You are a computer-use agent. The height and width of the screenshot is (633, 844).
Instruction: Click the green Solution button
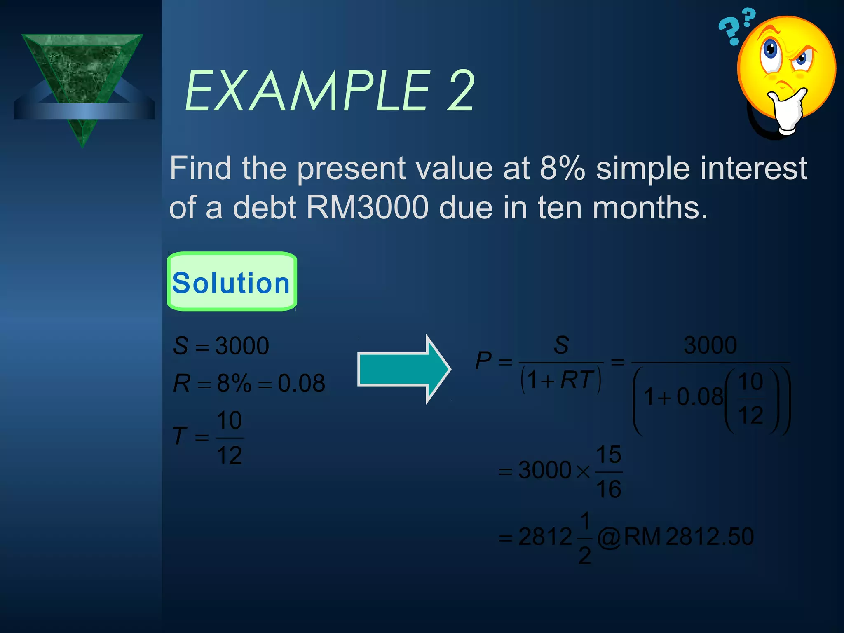click(x=232, y=282)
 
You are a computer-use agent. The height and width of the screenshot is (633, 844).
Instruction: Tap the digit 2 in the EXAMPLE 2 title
click(x=460, y=91)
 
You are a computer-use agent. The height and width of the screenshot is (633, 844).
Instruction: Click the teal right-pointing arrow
click(x=404, y=369)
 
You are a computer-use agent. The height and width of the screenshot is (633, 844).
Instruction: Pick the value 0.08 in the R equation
click(x=301, y=383)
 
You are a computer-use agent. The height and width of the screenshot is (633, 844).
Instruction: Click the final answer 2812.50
click(x=709, y=537)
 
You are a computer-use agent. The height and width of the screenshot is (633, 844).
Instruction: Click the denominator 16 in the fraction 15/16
click(x=608, y=489)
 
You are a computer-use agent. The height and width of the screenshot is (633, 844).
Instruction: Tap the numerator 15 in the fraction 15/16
click(x=608, y=455)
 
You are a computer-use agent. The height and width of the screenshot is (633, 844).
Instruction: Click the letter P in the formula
click(x=483, y=361)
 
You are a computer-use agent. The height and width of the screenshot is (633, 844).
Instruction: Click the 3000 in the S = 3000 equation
click(x=242, y=346)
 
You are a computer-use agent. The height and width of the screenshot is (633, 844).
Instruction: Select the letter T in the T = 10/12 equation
click(x=180, y=436)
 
